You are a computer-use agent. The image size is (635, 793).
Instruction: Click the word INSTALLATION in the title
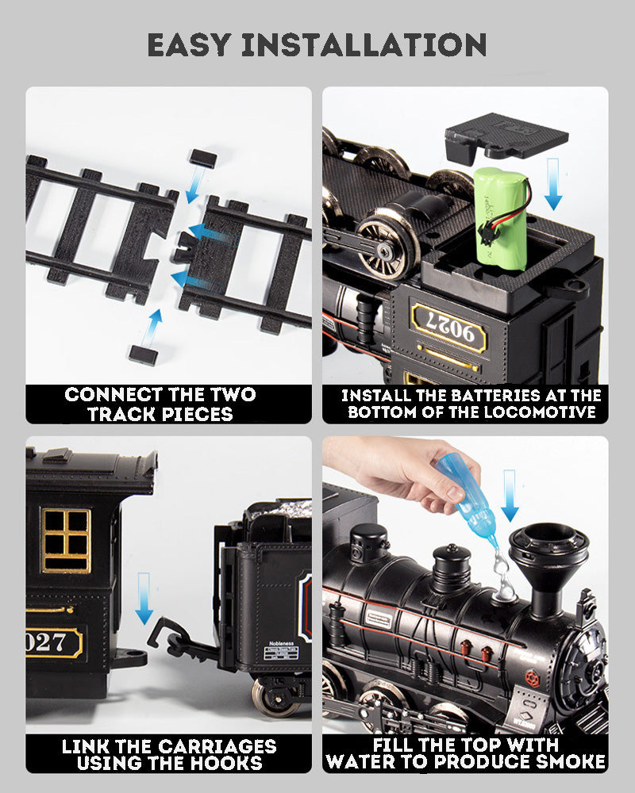coord(364,44)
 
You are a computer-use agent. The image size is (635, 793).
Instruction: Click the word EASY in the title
coord(191,44)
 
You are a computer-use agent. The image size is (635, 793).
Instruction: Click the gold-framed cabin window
coord(65,539)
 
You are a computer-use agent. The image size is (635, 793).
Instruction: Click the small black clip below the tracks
coord(140,354)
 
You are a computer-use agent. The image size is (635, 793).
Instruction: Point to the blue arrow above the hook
coord(144,599)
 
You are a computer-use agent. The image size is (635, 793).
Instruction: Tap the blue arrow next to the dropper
coord(509,495)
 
